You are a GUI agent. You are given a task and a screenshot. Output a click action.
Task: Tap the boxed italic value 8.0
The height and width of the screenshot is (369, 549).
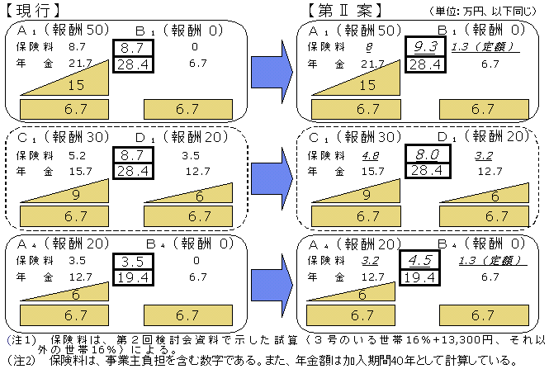click(427, 154)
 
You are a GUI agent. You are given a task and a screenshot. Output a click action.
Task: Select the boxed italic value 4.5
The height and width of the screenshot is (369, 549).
click(427, 262)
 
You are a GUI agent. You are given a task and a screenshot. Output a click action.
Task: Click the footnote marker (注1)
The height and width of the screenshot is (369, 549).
click(18, 339)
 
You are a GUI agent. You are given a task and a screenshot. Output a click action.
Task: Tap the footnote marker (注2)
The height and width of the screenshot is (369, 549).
click(18, 361)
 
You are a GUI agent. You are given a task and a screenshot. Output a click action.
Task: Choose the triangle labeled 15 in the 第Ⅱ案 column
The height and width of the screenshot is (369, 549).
click(363, 83)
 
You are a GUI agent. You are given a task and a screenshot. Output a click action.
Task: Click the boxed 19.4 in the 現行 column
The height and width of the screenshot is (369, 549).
click(132, 277)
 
